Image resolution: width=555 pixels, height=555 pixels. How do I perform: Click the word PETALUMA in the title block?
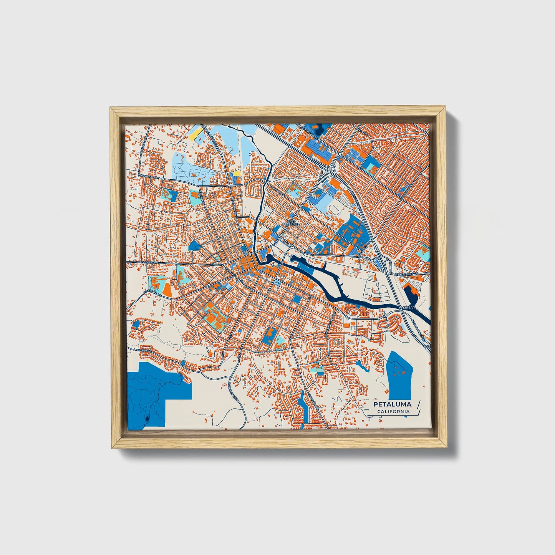(x=392, y=404)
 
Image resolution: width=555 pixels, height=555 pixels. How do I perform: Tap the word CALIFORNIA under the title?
(x=393, y=412)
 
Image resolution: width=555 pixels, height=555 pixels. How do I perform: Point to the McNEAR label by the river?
(x=407, y=308)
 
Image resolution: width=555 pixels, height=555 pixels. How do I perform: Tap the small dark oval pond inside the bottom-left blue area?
(x=147, y=418)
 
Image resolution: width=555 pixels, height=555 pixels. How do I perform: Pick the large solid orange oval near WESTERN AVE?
(x=167, y=289)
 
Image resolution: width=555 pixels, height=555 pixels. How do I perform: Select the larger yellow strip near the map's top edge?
(x=194, y=134)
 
